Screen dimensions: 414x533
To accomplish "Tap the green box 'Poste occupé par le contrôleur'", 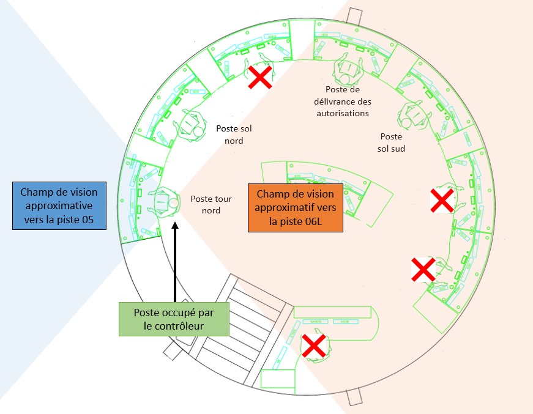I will point(173,319).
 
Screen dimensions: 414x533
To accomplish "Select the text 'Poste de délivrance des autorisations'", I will point(340,102).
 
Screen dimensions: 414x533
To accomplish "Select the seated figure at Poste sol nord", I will point(191,126).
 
